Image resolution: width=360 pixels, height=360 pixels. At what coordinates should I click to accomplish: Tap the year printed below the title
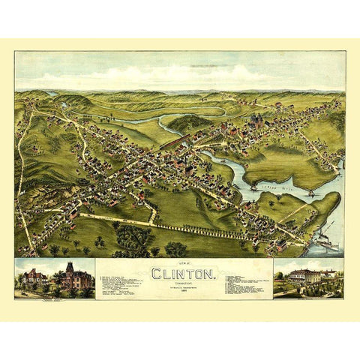click(183, 292)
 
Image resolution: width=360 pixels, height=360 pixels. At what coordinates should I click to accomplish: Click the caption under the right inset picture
click(308, 295)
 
